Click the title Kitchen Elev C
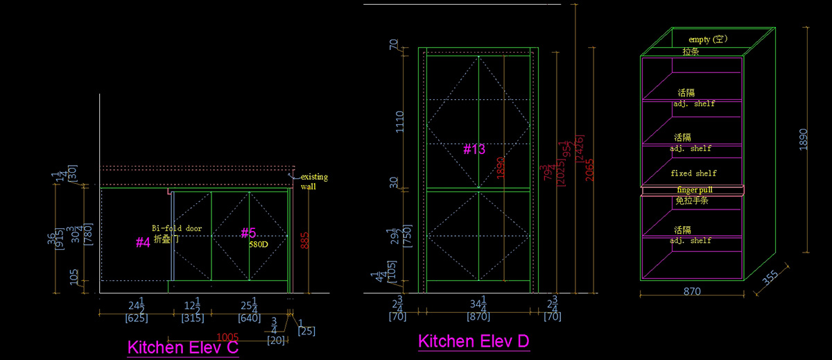point(183,348)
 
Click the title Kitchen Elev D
point(474,341)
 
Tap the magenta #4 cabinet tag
point(143,242)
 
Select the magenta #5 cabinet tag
point(248,233)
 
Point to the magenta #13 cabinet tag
point(474,149)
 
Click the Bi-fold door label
point(177,228)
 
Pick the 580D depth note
point(259,244)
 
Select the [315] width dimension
point(192,319)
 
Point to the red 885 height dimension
point(304,240)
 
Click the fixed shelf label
point(693,173)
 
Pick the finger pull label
point(694,189)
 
